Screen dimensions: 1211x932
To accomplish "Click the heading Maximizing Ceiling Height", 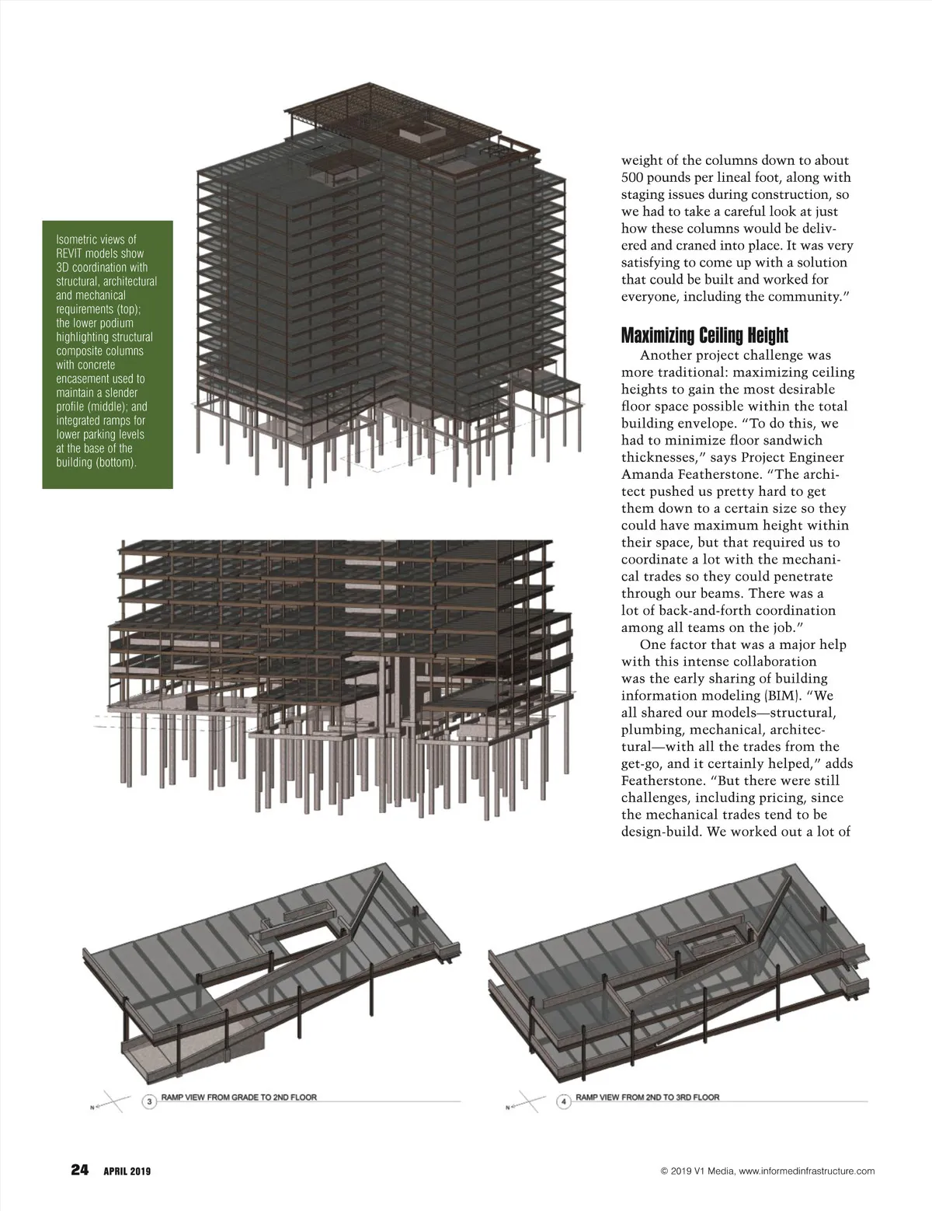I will point(704,336).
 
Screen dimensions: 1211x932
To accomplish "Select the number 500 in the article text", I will point(635,177).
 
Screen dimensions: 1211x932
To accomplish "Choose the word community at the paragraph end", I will point(802,297).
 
